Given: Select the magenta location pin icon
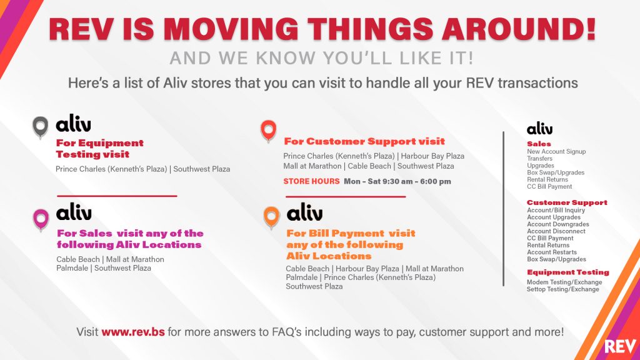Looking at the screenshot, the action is [41, 219].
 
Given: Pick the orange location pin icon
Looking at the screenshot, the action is [271, 217].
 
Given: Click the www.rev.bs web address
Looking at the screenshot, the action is [133, 331].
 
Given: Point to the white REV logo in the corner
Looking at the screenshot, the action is [620, 346].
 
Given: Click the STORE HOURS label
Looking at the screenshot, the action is [311, 181].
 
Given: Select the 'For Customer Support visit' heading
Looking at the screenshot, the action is [364, 142].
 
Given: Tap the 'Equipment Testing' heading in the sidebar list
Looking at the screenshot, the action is [567, 272].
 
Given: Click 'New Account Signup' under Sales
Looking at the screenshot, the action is [556, 151].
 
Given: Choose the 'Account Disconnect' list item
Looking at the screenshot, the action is [556, 231].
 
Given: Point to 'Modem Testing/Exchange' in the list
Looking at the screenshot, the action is [564, 282].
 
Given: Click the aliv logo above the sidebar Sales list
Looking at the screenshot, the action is [539, 129].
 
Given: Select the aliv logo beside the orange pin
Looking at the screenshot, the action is [304, 212].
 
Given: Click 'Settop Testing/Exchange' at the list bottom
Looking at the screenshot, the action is [563, 289].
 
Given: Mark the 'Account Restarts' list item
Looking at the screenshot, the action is [552, 252].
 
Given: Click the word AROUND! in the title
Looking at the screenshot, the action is [518, 29].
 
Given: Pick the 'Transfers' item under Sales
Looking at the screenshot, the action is [539, 158].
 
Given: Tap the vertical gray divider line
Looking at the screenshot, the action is [503, 209].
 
